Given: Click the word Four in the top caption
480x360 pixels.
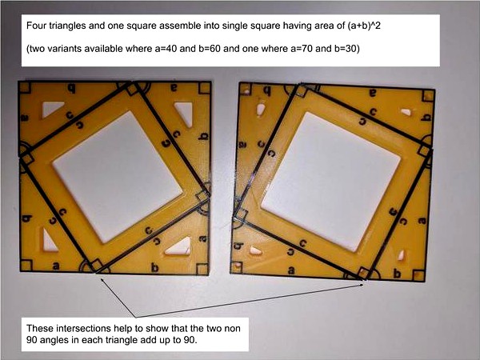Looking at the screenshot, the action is coord(34,26).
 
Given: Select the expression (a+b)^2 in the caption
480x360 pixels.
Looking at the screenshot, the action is coord(364,26).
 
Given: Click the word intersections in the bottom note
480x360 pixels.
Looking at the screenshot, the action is coord(85,329).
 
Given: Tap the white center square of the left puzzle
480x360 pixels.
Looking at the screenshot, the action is coord(118,177).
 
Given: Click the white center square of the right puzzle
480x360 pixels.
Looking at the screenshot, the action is coord(330,182).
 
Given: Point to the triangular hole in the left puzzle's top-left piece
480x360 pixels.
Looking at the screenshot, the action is coord(52,109).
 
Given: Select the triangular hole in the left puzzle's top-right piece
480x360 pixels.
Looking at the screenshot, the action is coord(185,114).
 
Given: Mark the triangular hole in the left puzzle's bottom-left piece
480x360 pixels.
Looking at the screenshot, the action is coord(50,240).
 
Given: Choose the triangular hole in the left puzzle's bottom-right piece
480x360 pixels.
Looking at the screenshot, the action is coord(180,247).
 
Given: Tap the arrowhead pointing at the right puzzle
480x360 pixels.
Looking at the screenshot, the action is coord(361,285).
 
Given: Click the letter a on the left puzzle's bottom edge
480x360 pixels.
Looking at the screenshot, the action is coord(55,266).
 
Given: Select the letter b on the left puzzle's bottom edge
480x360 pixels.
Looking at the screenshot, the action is coord(155,267).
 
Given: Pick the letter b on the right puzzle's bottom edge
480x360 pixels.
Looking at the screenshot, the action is coord(397,273).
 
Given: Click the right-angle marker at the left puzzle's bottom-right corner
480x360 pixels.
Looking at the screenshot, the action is coord(202,269).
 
